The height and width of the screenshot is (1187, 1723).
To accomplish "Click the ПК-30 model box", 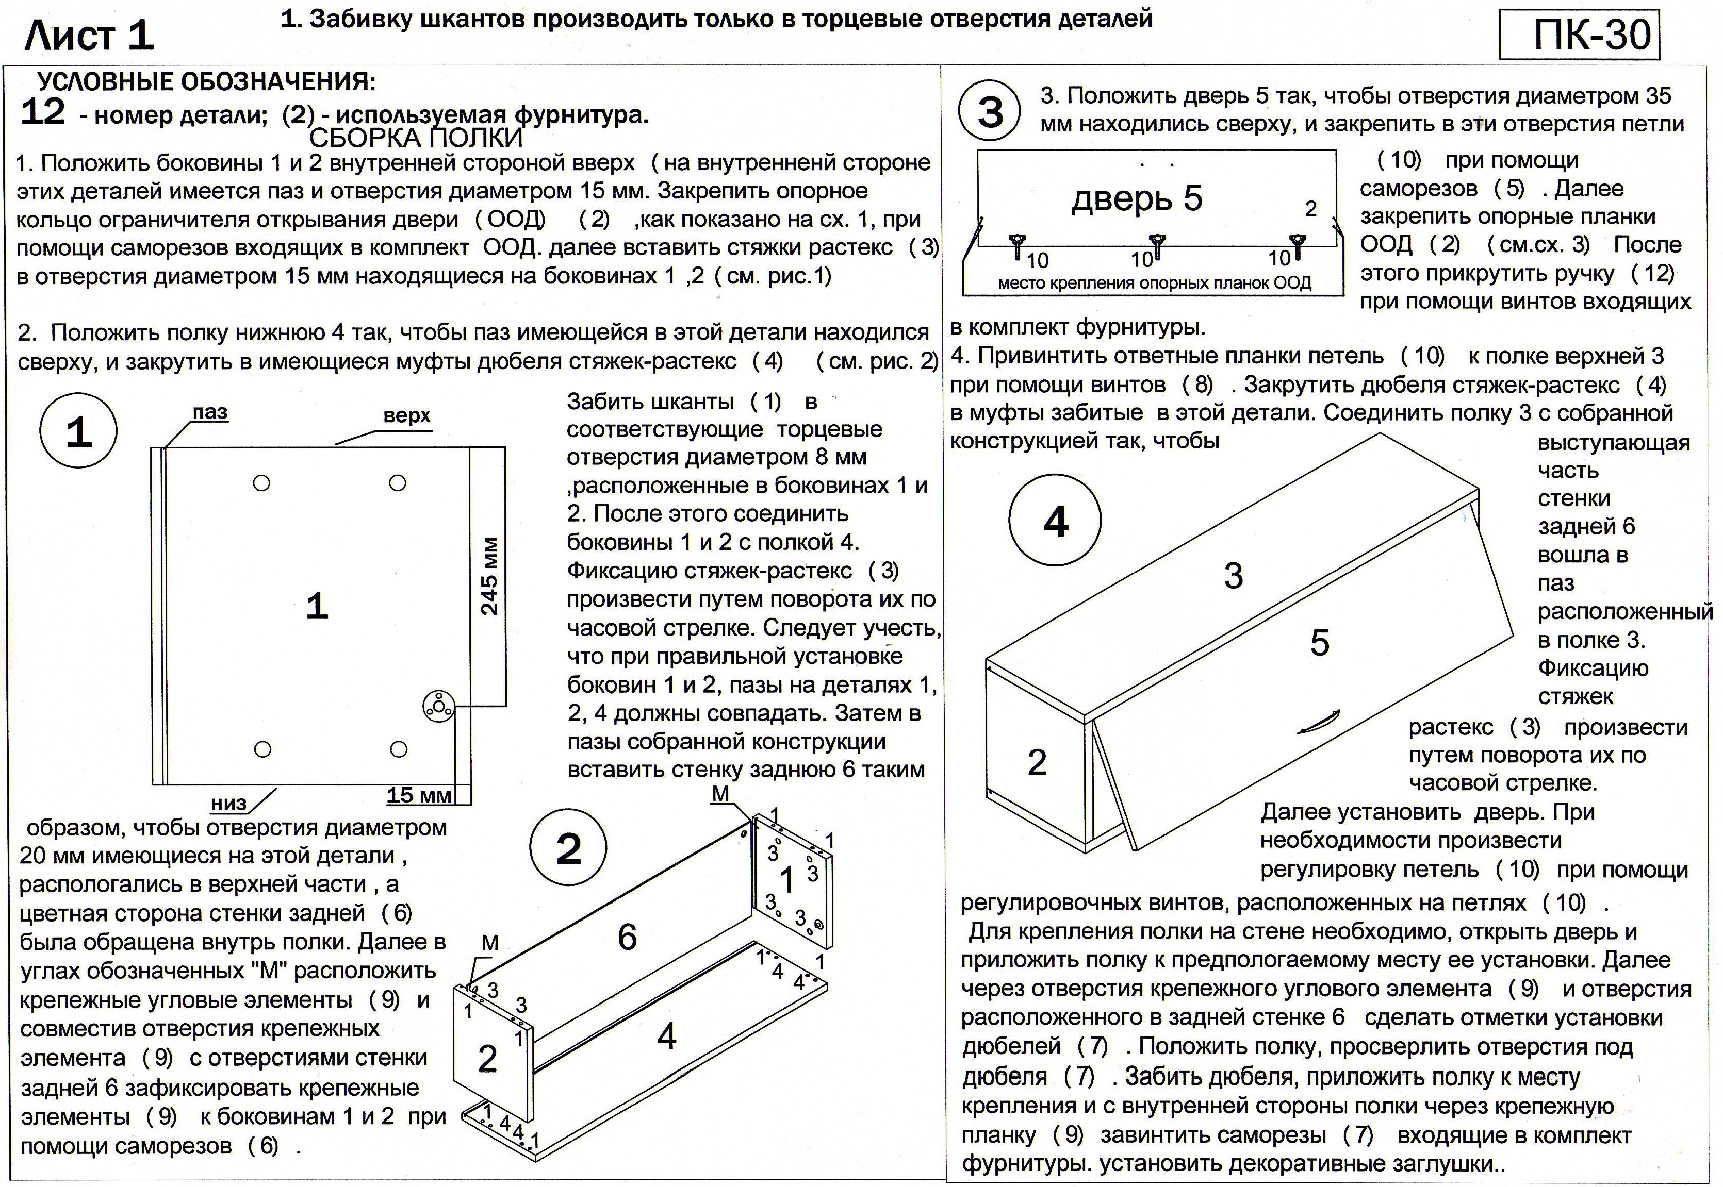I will coord(1579,34).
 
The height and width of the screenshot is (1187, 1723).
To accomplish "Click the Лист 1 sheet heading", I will coord(89,36).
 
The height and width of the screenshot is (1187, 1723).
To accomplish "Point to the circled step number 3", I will coord(990,113).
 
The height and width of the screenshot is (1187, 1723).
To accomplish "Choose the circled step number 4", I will coord(1055,522).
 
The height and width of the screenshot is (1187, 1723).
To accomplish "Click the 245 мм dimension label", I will coord(489,576).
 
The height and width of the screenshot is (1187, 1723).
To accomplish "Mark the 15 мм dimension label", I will coord(419,795).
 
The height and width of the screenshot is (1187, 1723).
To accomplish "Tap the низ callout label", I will coord(228,803).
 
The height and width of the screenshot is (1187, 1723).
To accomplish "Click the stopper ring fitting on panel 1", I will coord(438,706).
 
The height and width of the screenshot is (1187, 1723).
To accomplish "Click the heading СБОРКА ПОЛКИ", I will coord(416,138).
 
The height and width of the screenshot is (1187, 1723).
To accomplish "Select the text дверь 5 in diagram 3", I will coord(1137,198).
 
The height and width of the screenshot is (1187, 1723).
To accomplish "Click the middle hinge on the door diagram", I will coord(1155,245).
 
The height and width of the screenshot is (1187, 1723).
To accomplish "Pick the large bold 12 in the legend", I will coord(43,113).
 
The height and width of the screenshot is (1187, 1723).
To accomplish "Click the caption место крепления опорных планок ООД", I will coord(1154,282).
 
